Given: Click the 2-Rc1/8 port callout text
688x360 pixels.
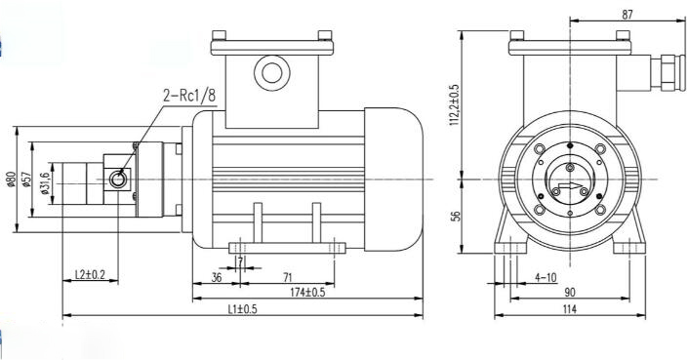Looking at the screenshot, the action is pos(189,96).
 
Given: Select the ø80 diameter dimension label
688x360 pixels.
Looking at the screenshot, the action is pos(12,179).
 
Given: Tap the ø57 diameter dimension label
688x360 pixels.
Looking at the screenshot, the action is pos(27,179).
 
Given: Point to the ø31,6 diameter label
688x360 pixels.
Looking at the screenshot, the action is pos(44,183).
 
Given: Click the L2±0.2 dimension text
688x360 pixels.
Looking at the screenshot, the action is pos(91,274).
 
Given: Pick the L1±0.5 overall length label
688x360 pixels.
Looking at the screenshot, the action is pos(242,309).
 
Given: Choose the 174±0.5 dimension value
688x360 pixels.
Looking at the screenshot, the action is pos(307,292).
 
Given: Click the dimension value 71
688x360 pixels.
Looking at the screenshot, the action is pos(288,277).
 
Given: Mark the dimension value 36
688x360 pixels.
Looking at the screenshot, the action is pos(217,277).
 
